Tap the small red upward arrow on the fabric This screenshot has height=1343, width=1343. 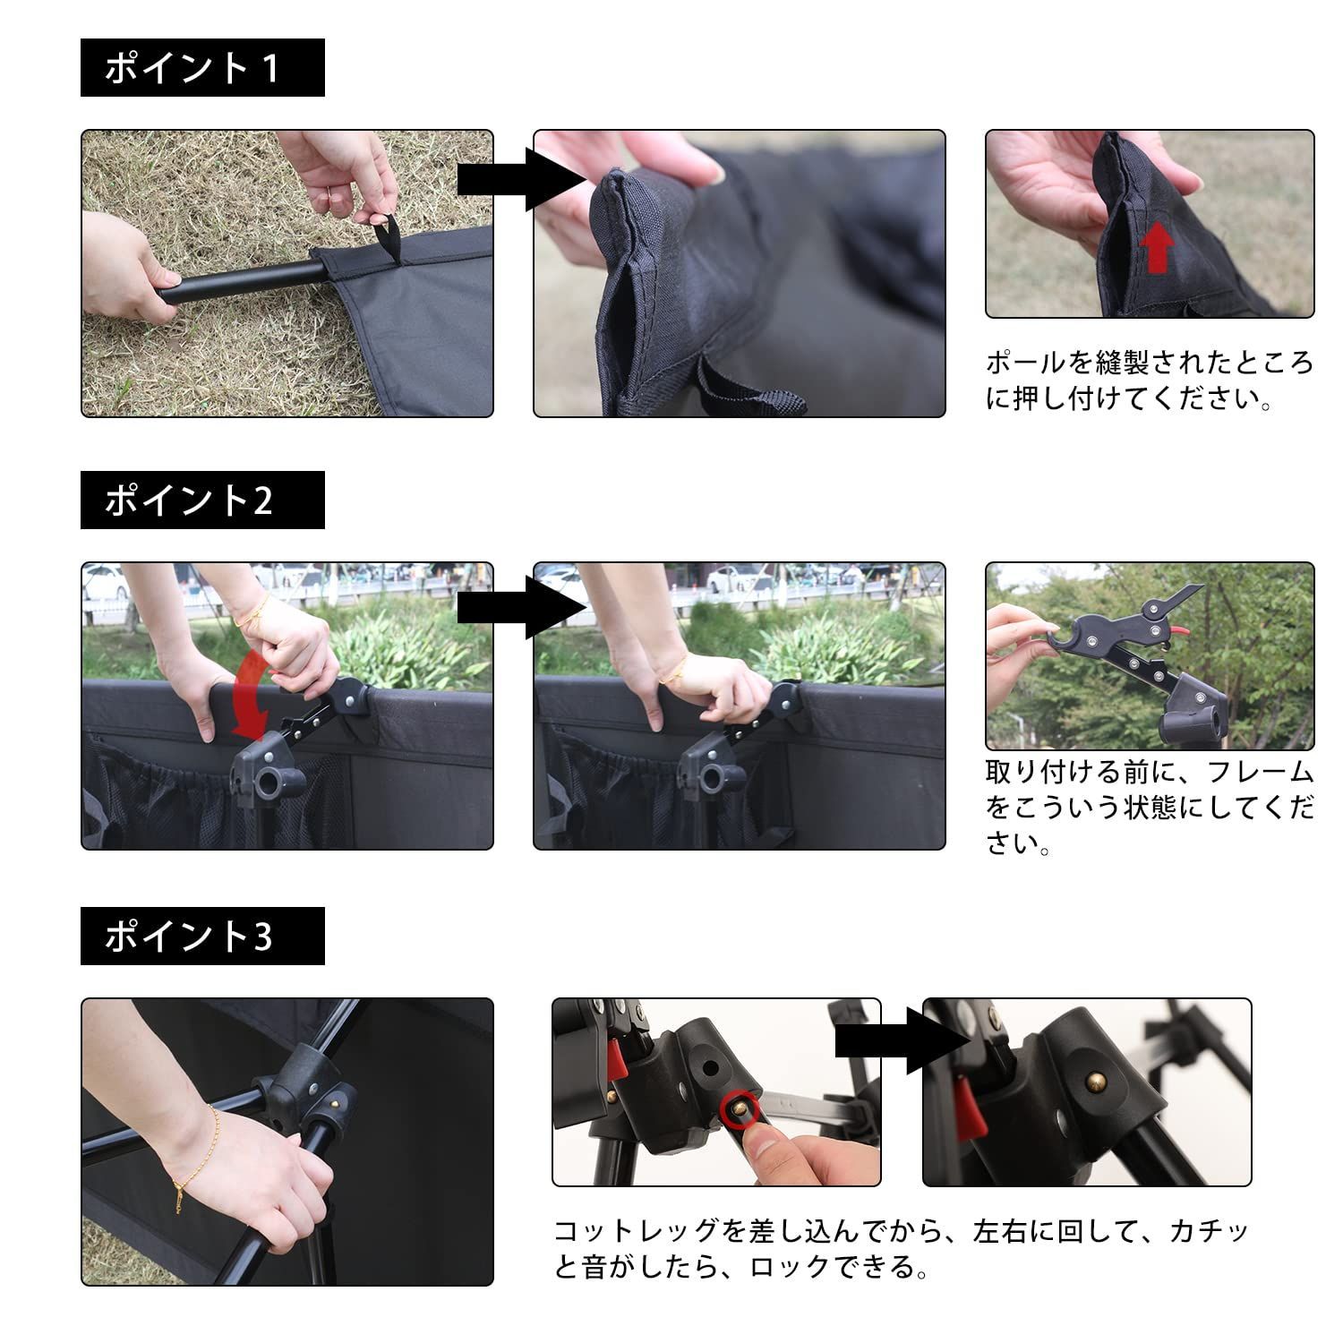1158,247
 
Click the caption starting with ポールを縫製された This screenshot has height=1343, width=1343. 1150,381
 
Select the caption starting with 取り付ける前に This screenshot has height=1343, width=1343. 1150,807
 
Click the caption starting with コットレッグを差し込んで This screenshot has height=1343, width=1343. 901,1249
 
